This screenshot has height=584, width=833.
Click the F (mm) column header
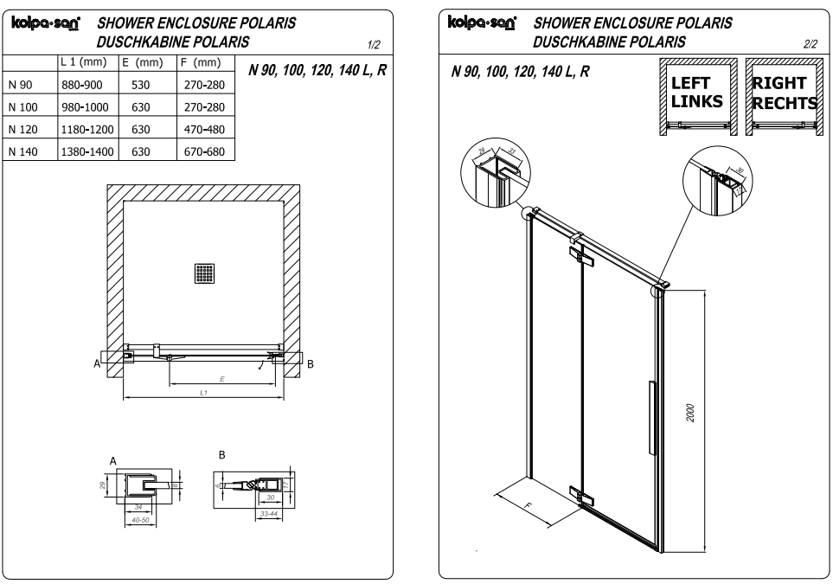coord(205,63)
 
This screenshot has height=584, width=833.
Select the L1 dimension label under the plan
coord(203,393)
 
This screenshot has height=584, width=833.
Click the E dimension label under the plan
coord(222,378)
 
